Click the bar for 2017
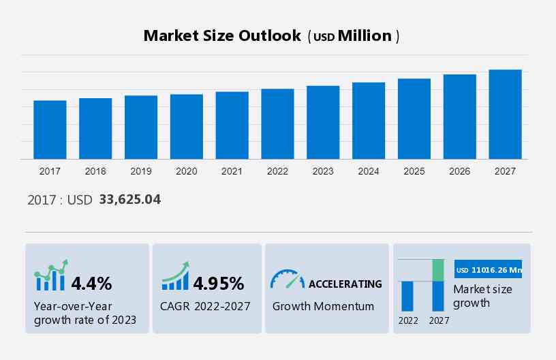tap(50, 130)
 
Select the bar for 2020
tap(187, 126)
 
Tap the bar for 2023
tap(323, 122)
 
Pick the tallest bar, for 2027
tap(505, 114)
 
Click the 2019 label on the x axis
tap(141, 171)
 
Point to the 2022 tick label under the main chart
tap(277, 171)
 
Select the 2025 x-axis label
tap(414, 171)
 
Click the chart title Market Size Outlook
tap(222, 36)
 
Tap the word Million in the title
tap(365, 36)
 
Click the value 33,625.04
tap(129, 200)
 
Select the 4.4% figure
tap(91, 283)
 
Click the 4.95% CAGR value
tap(218, 283)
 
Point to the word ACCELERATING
tap(345, 284)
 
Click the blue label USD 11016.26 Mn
tap(488, 269)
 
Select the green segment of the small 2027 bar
tap(438, 270)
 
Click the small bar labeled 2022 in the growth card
tap(407, 296)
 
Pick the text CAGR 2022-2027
tap(205, 306)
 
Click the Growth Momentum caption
tap(323, 306)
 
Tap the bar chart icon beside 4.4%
tap(51, 275)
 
